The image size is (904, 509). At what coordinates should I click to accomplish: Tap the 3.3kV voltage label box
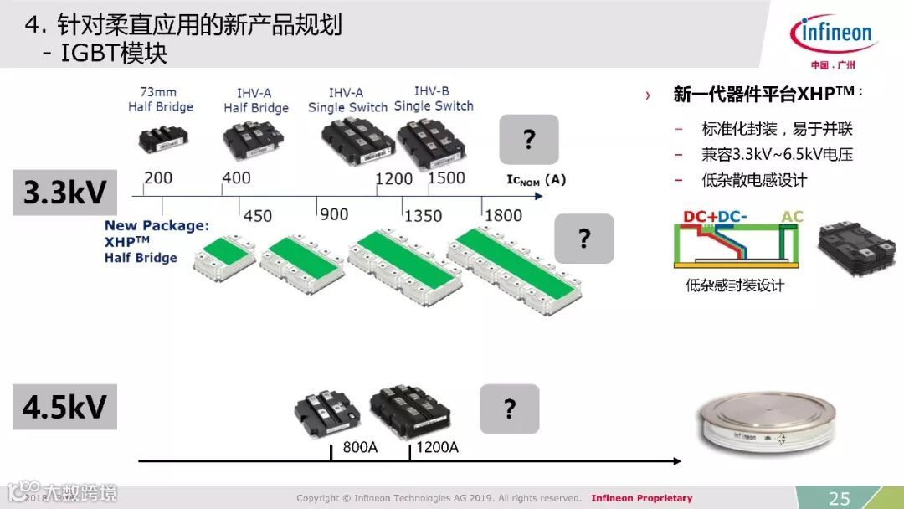[64, 193]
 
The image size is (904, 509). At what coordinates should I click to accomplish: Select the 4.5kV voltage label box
[64, 407]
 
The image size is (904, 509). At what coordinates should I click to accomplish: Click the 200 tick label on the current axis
[158, 178]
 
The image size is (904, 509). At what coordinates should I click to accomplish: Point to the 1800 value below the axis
[503, 216]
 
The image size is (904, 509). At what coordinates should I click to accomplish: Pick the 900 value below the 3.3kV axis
[334, 214]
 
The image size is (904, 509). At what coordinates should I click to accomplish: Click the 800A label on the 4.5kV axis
[360, 447]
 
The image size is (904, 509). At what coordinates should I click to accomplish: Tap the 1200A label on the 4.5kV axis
[436, 447]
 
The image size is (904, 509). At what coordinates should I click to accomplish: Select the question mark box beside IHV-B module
[528, 139]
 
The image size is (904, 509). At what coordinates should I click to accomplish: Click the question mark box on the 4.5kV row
[509, 409]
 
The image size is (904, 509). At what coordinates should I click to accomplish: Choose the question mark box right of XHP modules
[584, 239]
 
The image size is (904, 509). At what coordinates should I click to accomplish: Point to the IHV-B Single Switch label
[434, 99]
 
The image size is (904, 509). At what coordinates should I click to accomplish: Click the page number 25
[839, 498]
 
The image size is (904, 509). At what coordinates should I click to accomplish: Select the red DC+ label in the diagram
[700, 217]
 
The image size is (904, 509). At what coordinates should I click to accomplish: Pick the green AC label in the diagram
[791, 217]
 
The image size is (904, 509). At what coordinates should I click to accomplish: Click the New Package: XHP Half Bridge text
[156, 241]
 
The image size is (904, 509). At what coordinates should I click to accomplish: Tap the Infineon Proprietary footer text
[641, 498]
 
